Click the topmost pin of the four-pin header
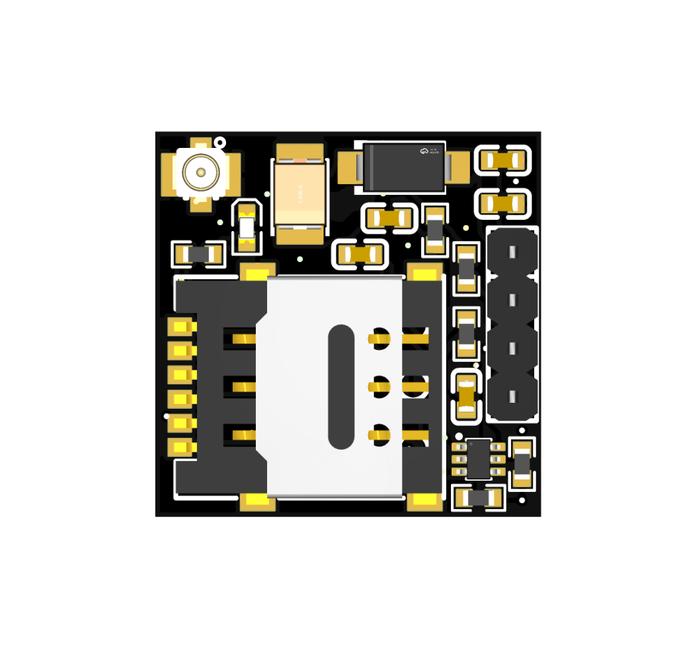512,252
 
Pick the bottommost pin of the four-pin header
512,396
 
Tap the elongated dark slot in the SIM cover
341,386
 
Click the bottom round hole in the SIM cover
379,434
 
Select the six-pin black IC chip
478,458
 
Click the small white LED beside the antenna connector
247,228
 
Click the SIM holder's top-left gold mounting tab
257,271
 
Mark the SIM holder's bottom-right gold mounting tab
424,502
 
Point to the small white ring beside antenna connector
220,142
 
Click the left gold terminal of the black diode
348,167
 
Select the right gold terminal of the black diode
458,167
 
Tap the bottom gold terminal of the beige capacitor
299,234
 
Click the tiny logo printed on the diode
424,151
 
